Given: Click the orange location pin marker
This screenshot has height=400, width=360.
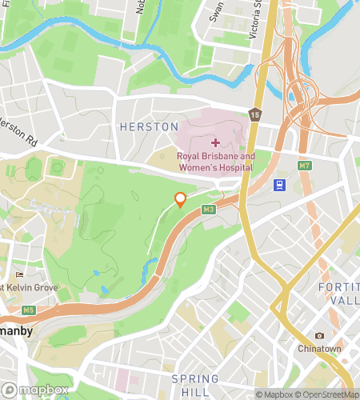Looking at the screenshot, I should [x=181, y=200].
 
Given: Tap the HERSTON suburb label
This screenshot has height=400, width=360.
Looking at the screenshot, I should [x=148, y=127].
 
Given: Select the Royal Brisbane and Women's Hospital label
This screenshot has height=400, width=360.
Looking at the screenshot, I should [x=215, y=162].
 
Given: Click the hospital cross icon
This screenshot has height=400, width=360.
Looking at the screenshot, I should [x=214, y=142].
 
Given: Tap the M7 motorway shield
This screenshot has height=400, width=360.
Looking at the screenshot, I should [x=303, y=166].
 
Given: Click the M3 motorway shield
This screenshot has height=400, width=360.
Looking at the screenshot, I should [x=210, y=210].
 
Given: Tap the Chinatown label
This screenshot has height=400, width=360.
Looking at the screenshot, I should [x=320, y=350].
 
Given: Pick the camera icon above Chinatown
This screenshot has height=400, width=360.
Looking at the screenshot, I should [x=320, y=336].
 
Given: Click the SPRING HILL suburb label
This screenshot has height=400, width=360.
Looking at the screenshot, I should [x=195, y=386].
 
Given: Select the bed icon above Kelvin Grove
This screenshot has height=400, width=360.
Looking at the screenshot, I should [x=19, y=275].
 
